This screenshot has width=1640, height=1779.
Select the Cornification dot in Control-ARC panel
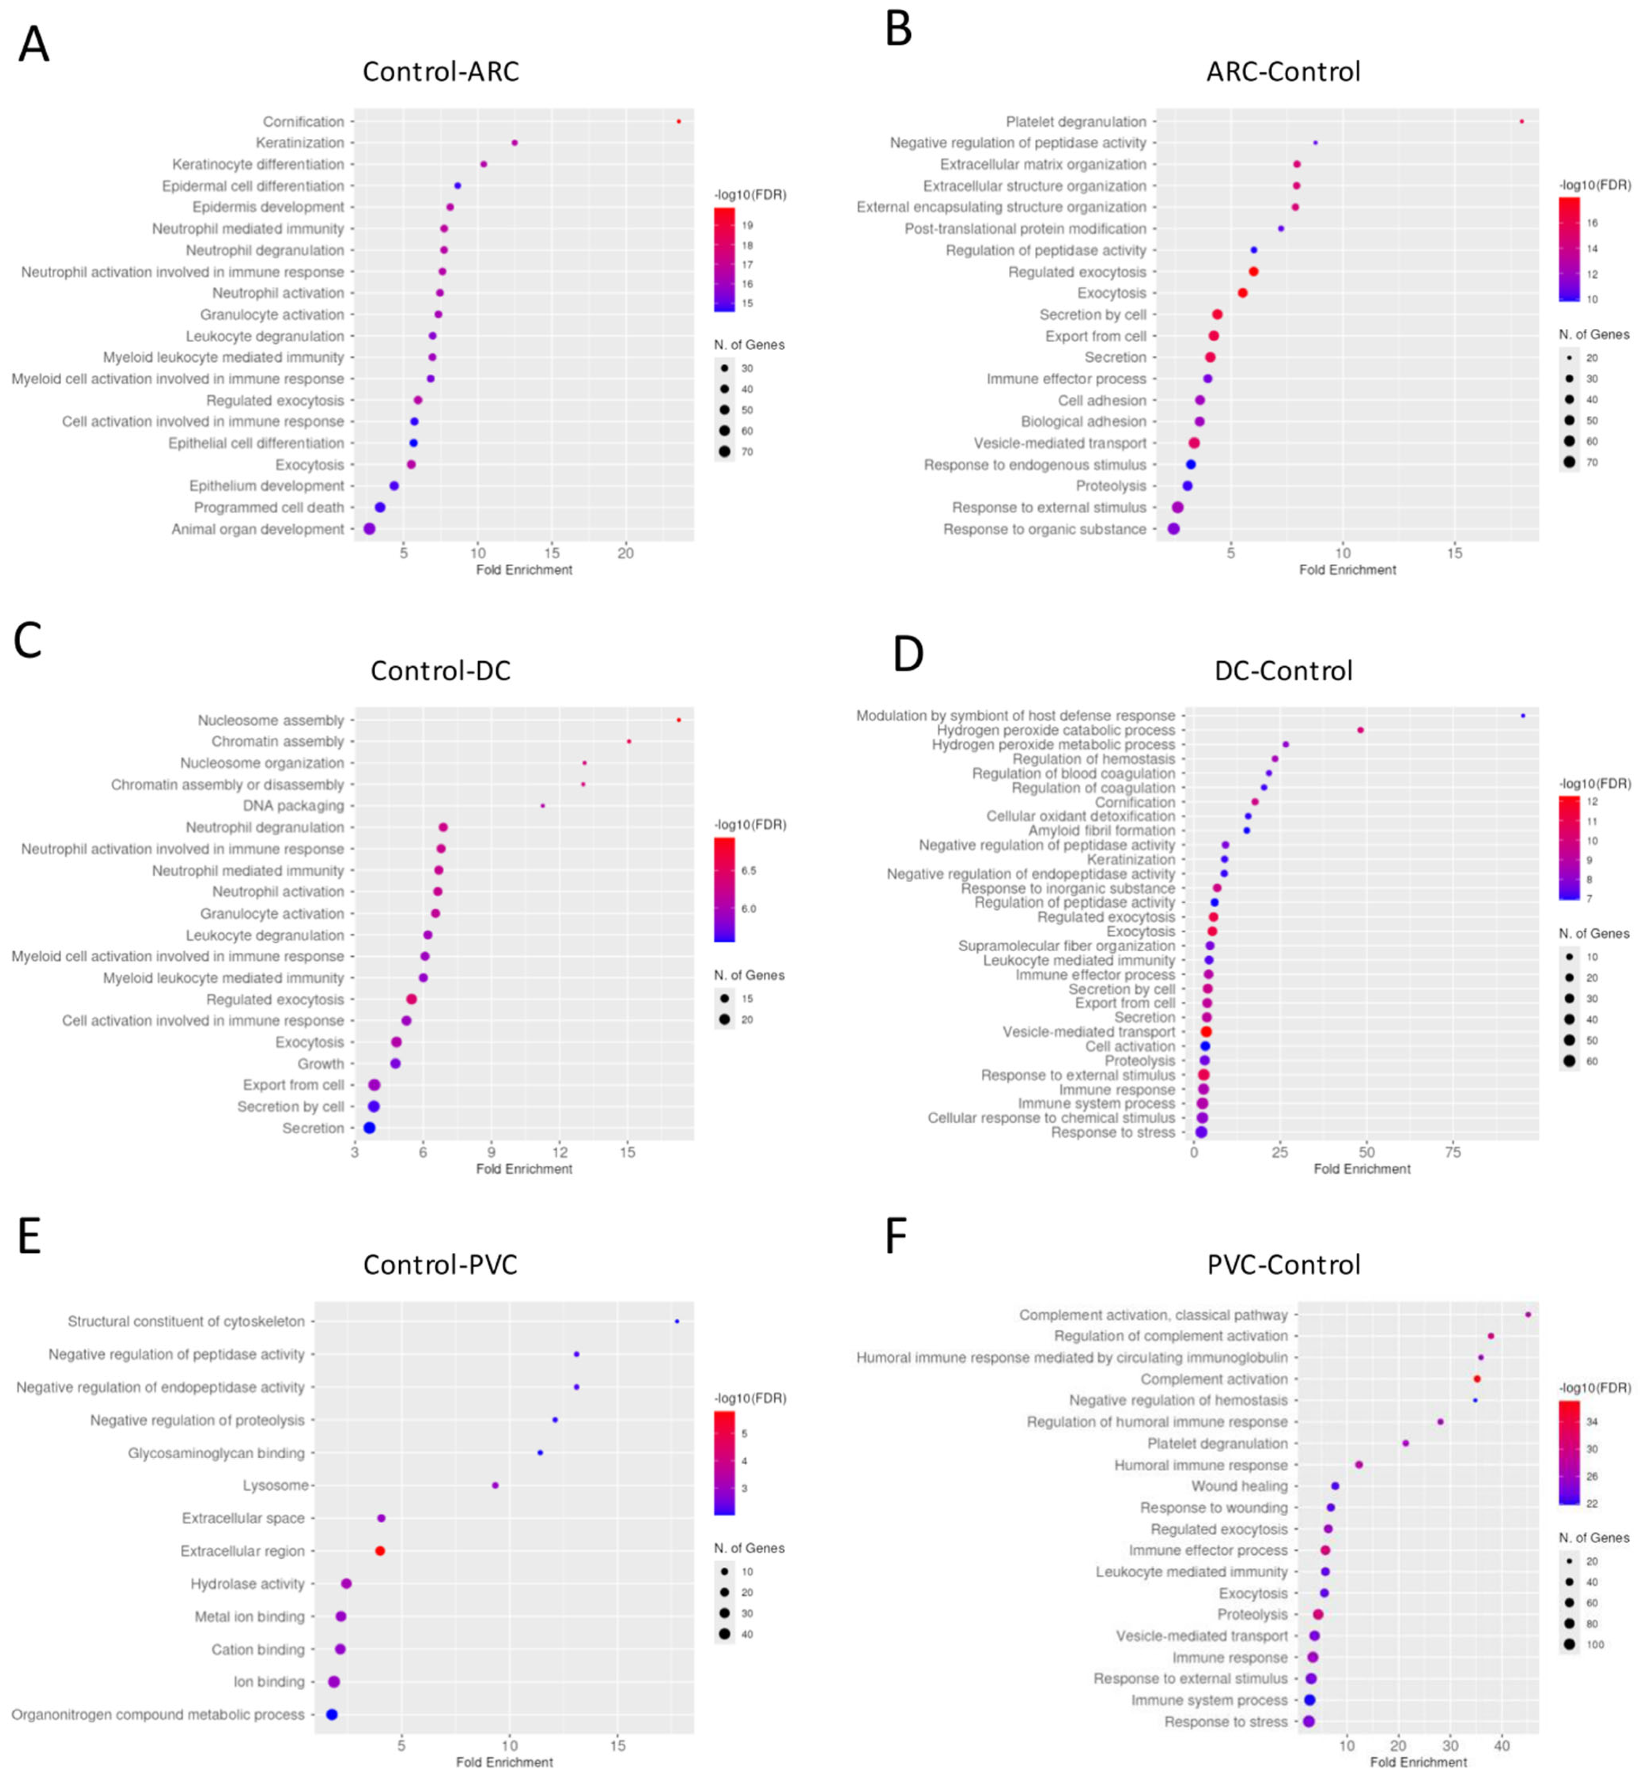point(679,121)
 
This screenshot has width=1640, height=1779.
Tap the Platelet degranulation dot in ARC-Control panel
point(1521,121)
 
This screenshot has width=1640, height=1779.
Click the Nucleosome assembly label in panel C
point(271,720)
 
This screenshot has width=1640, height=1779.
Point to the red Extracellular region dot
point(380,1551)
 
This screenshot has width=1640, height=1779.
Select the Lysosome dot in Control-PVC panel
point(495,1485)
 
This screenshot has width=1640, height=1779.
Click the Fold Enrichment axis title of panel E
point(504,1762)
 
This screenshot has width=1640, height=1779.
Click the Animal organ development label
point(257,529)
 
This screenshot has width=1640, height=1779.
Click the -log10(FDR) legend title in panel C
point(750,825)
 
